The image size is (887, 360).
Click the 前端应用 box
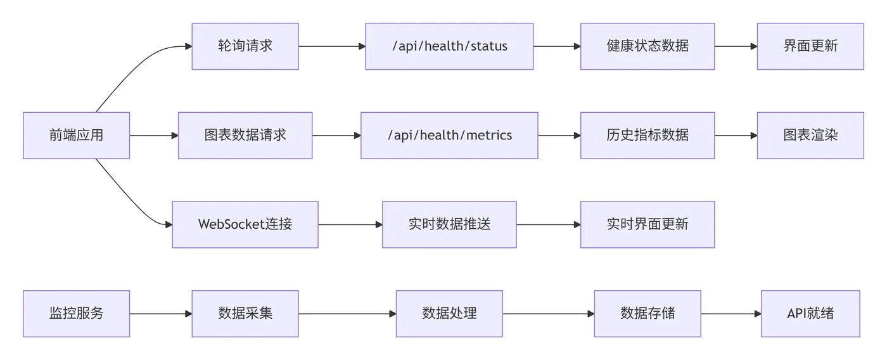76,136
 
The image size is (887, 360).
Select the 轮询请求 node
245,46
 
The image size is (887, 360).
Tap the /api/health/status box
449,46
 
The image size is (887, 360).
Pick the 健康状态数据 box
647,46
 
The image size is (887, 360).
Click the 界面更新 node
810,46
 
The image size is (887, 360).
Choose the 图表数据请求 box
245,136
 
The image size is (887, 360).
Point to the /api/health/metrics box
449,136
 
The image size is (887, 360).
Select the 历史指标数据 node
647,136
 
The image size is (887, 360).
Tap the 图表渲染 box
810,136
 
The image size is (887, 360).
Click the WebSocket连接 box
245,224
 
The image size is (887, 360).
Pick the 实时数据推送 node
449,224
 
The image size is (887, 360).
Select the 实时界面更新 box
647,224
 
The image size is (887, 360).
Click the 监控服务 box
76,314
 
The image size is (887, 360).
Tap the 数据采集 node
245,314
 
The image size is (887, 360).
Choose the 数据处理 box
449,314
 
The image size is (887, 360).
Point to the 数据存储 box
647,314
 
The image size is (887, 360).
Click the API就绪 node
810,314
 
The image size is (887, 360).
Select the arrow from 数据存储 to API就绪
731,314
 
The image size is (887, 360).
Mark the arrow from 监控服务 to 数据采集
160,314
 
